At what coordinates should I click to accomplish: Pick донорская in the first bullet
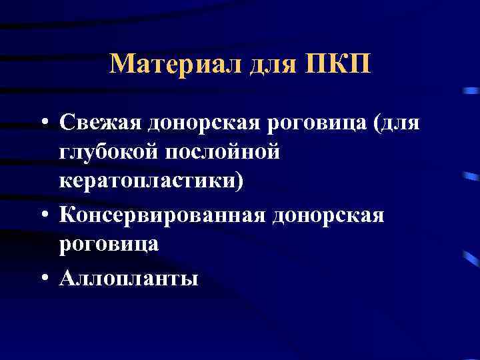tap(197, 123)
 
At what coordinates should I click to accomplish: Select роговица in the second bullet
tap(109, 244)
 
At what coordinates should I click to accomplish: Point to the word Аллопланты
tap(128, 275)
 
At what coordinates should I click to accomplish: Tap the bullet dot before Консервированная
tap(44, 215)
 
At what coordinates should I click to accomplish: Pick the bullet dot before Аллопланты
tap(44, 275)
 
